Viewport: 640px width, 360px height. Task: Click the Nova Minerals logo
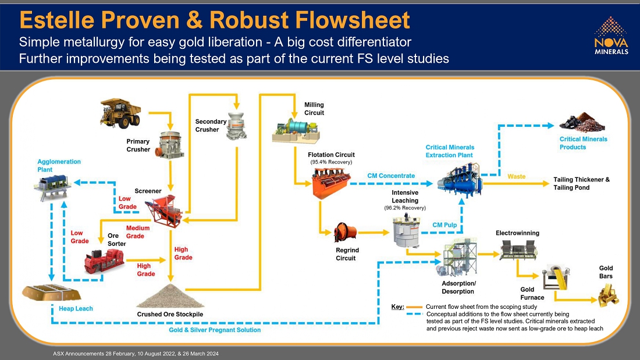pyautogui.click(x=611, y=35)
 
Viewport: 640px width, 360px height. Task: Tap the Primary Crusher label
pyautogui.click(x=138, y=145)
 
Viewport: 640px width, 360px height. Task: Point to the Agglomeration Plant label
pyautogui.click(x=59, y=165)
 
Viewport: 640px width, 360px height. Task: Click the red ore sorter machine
pyautogui.click(x=105, y=260)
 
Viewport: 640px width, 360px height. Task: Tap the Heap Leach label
pyautogui.click(x=76, y=309)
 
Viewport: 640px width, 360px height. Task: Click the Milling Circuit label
pyautogui.click(x=314, y=109)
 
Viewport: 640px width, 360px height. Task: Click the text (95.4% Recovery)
pyautogui.click(x=331, y=162)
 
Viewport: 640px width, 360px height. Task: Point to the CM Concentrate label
pyautogui.click(x=391, y=176)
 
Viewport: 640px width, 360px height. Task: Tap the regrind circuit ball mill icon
pyautogui.click(x=345, y=233)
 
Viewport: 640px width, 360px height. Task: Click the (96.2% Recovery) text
pyautogui.click(x=405, y=208)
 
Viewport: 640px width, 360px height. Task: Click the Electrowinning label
pyautogui.click(x=517, y=233)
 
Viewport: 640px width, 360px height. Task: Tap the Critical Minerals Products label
pyautogui.click(x=583, y=143)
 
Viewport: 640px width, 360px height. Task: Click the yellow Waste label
pyautogui.click(x=517, y=176)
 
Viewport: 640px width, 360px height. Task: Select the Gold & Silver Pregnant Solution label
pyautogui.click(x=215, y=330)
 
